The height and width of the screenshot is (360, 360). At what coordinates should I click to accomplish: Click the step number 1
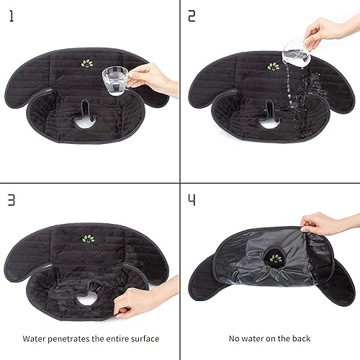(12, 15)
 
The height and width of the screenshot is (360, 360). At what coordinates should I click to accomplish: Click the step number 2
(192, 15)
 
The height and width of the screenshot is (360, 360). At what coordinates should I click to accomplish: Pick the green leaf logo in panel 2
(273, 66)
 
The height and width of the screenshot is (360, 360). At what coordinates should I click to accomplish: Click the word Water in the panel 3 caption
(35, 338)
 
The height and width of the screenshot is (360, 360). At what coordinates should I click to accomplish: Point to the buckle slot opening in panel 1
(88, 114)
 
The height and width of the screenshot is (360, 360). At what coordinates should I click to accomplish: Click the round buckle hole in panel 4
(275, 260)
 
